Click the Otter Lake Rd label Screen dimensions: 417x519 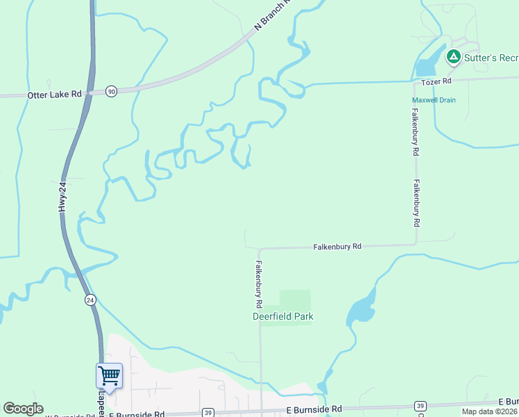point(54,95)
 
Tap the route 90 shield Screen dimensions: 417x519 point(111,92)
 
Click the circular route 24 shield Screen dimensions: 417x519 point(90,300)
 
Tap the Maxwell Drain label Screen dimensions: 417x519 point(434,100)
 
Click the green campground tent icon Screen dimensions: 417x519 point(453,56)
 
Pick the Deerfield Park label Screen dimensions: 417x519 point(282,317)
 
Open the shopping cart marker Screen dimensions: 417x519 point(109,376)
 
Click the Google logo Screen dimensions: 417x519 point(24,409)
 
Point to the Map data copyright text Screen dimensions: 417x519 point(490,411)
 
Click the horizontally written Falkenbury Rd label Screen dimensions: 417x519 point(337,247)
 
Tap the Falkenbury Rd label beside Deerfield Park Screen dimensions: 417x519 point(258,284)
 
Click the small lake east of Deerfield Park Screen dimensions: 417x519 point(361,309)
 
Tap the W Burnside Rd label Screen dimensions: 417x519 point(69,415)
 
